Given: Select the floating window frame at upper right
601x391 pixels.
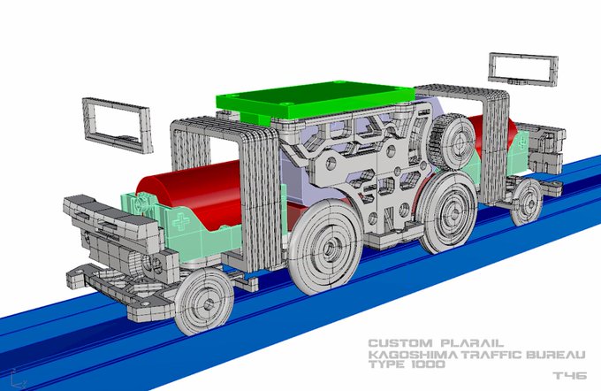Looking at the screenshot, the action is (494, 67).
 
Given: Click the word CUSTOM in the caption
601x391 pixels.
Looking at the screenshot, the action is (399, 343).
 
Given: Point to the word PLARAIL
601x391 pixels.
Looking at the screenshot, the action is (472, 343).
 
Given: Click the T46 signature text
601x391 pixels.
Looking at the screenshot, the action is (569, 375).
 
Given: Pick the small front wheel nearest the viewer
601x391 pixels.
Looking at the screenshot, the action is (204, 302).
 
